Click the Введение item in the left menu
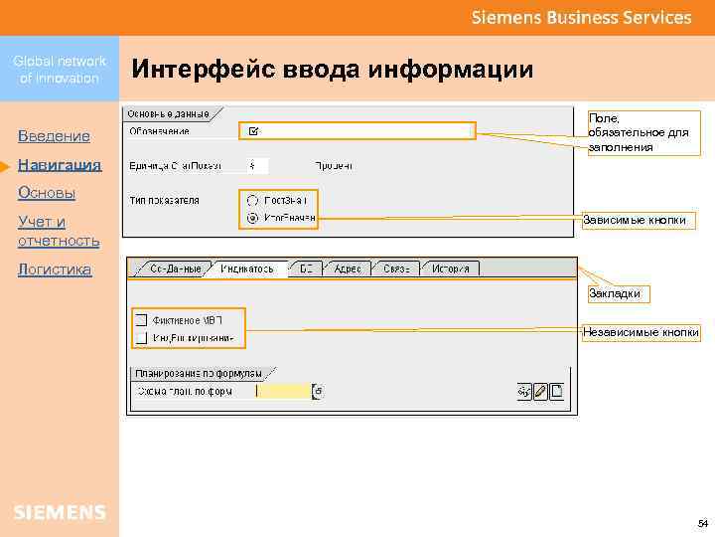coord(54,135)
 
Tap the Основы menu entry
coord(47,192)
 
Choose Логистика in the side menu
coord(55,269)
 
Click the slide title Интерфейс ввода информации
coord(333,70)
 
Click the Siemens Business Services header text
coord(581,17)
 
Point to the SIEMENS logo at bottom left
coord(60,512)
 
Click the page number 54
coord(702,523)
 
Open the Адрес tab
coord(348,268)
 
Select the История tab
coord(450,268)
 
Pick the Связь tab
coord(396,268)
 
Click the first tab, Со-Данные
coord(175,268)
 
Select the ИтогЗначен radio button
coord(253,218)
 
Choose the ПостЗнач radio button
coord(253,200)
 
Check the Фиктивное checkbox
coord(141,320)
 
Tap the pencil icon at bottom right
coord(540,392)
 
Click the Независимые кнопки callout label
coord(642,332)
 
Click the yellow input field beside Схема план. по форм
coord(284,392)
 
